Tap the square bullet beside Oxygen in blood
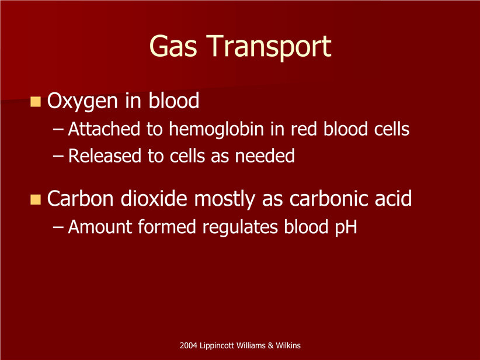(x=36, y=102)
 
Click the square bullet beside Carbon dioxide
(x=36, y=199)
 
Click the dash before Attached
(x=58, y=130)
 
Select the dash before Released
(x=58, y=156)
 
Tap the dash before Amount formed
(x=58, y=227)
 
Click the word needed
(x=265, y=155)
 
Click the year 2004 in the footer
(x=188, y=345)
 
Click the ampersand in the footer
(x=270, y=345)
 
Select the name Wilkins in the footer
(x=288, y=345)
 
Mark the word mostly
(x=224, y=199)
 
